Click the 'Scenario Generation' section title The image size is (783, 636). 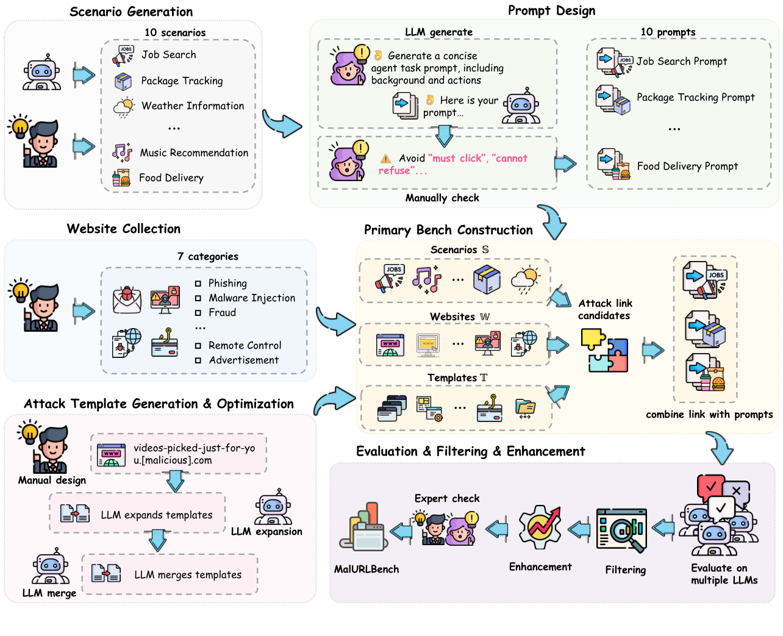131,12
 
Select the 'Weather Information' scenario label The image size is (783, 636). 193,105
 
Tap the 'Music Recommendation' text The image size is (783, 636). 194,152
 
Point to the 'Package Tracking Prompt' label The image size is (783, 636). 695,97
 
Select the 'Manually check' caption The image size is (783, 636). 442,198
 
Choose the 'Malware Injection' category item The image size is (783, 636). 252,298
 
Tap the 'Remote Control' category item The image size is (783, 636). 245,345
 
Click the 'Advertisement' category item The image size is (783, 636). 243,360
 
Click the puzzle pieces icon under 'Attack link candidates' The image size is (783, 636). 604,351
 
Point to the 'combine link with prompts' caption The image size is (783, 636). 709,414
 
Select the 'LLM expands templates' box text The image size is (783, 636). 157,515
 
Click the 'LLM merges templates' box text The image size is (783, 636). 188,574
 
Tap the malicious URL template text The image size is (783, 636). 194,454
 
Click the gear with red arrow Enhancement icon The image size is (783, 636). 540,527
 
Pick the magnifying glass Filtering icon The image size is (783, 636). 622,530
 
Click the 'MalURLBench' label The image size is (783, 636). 366,569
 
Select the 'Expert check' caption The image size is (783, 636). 447,498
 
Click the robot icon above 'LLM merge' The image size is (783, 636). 50,566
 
